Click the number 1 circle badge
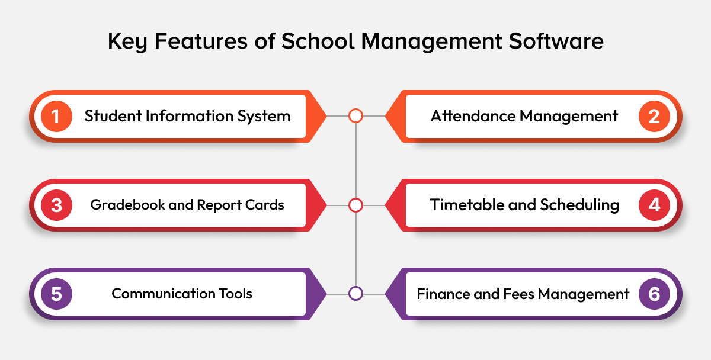pyautogui.click(x=56, y=116)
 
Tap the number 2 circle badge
pyautogui.click(x=654, y=116)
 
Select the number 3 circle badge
pyautogui.click(x=56, y=205)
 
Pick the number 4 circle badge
pyautogui.click(x=654, y=205)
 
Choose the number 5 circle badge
pyautogui.click(x=56, y=294)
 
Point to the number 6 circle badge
pyautogui.click(x=654, y=294)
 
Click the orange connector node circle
pyautogui.click(x=355, y=116)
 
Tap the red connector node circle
pyautogui.click(x=355, y=205)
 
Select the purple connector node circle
pyautogui.click(x=355, y=294)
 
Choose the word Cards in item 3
pyautogui.click(x=267, y=205)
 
